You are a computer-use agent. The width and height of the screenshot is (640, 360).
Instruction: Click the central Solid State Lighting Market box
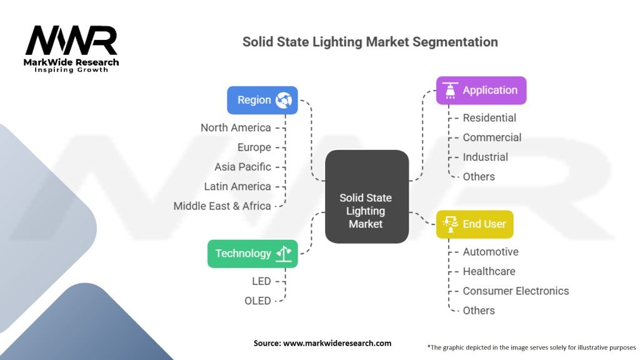(x=366, y=196)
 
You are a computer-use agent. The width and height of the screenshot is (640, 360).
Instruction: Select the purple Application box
(x=481, y=91)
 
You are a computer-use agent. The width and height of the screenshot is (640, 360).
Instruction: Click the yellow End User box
(x=474, y=224)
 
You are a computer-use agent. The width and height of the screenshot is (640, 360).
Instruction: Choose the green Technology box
(x=252, y=253)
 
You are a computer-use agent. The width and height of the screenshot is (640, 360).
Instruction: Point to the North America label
(x=236, y=127)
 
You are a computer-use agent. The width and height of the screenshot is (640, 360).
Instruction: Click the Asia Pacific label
(x=242, y=167)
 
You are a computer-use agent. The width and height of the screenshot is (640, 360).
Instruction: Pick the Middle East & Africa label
(x=222, y=206)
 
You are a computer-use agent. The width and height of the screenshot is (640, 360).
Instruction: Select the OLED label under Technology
(x=257, y=301)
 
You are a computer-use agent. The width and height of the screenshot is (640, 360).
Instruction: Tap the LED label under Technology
(x=261, y=281)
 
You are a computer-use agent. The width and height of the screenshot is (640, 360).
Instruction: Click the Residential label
(x=489, y=117)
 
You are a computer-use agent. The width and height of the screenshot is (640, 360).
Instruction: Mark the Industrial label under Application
(x=485, y=157)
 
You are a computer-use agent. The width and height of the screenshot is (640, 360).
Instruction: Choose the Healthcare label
(x=489, y=271)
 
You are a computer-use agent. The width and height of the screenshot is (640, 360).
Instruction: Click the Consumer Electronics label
(x=516, y=291)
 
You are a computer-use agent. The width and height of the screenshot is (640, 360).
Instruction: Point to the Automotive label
(x=491, y=252)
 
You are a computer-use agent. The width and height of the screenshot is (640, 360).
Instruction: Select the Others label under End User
(x=479, y=311)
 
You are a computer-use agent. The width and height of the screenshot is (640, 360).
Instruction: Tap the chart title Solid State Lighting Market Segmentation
(x=370, y=42)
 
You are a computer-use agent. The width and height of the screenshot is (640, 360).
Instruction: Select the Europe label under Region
(x=254, y=147)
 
